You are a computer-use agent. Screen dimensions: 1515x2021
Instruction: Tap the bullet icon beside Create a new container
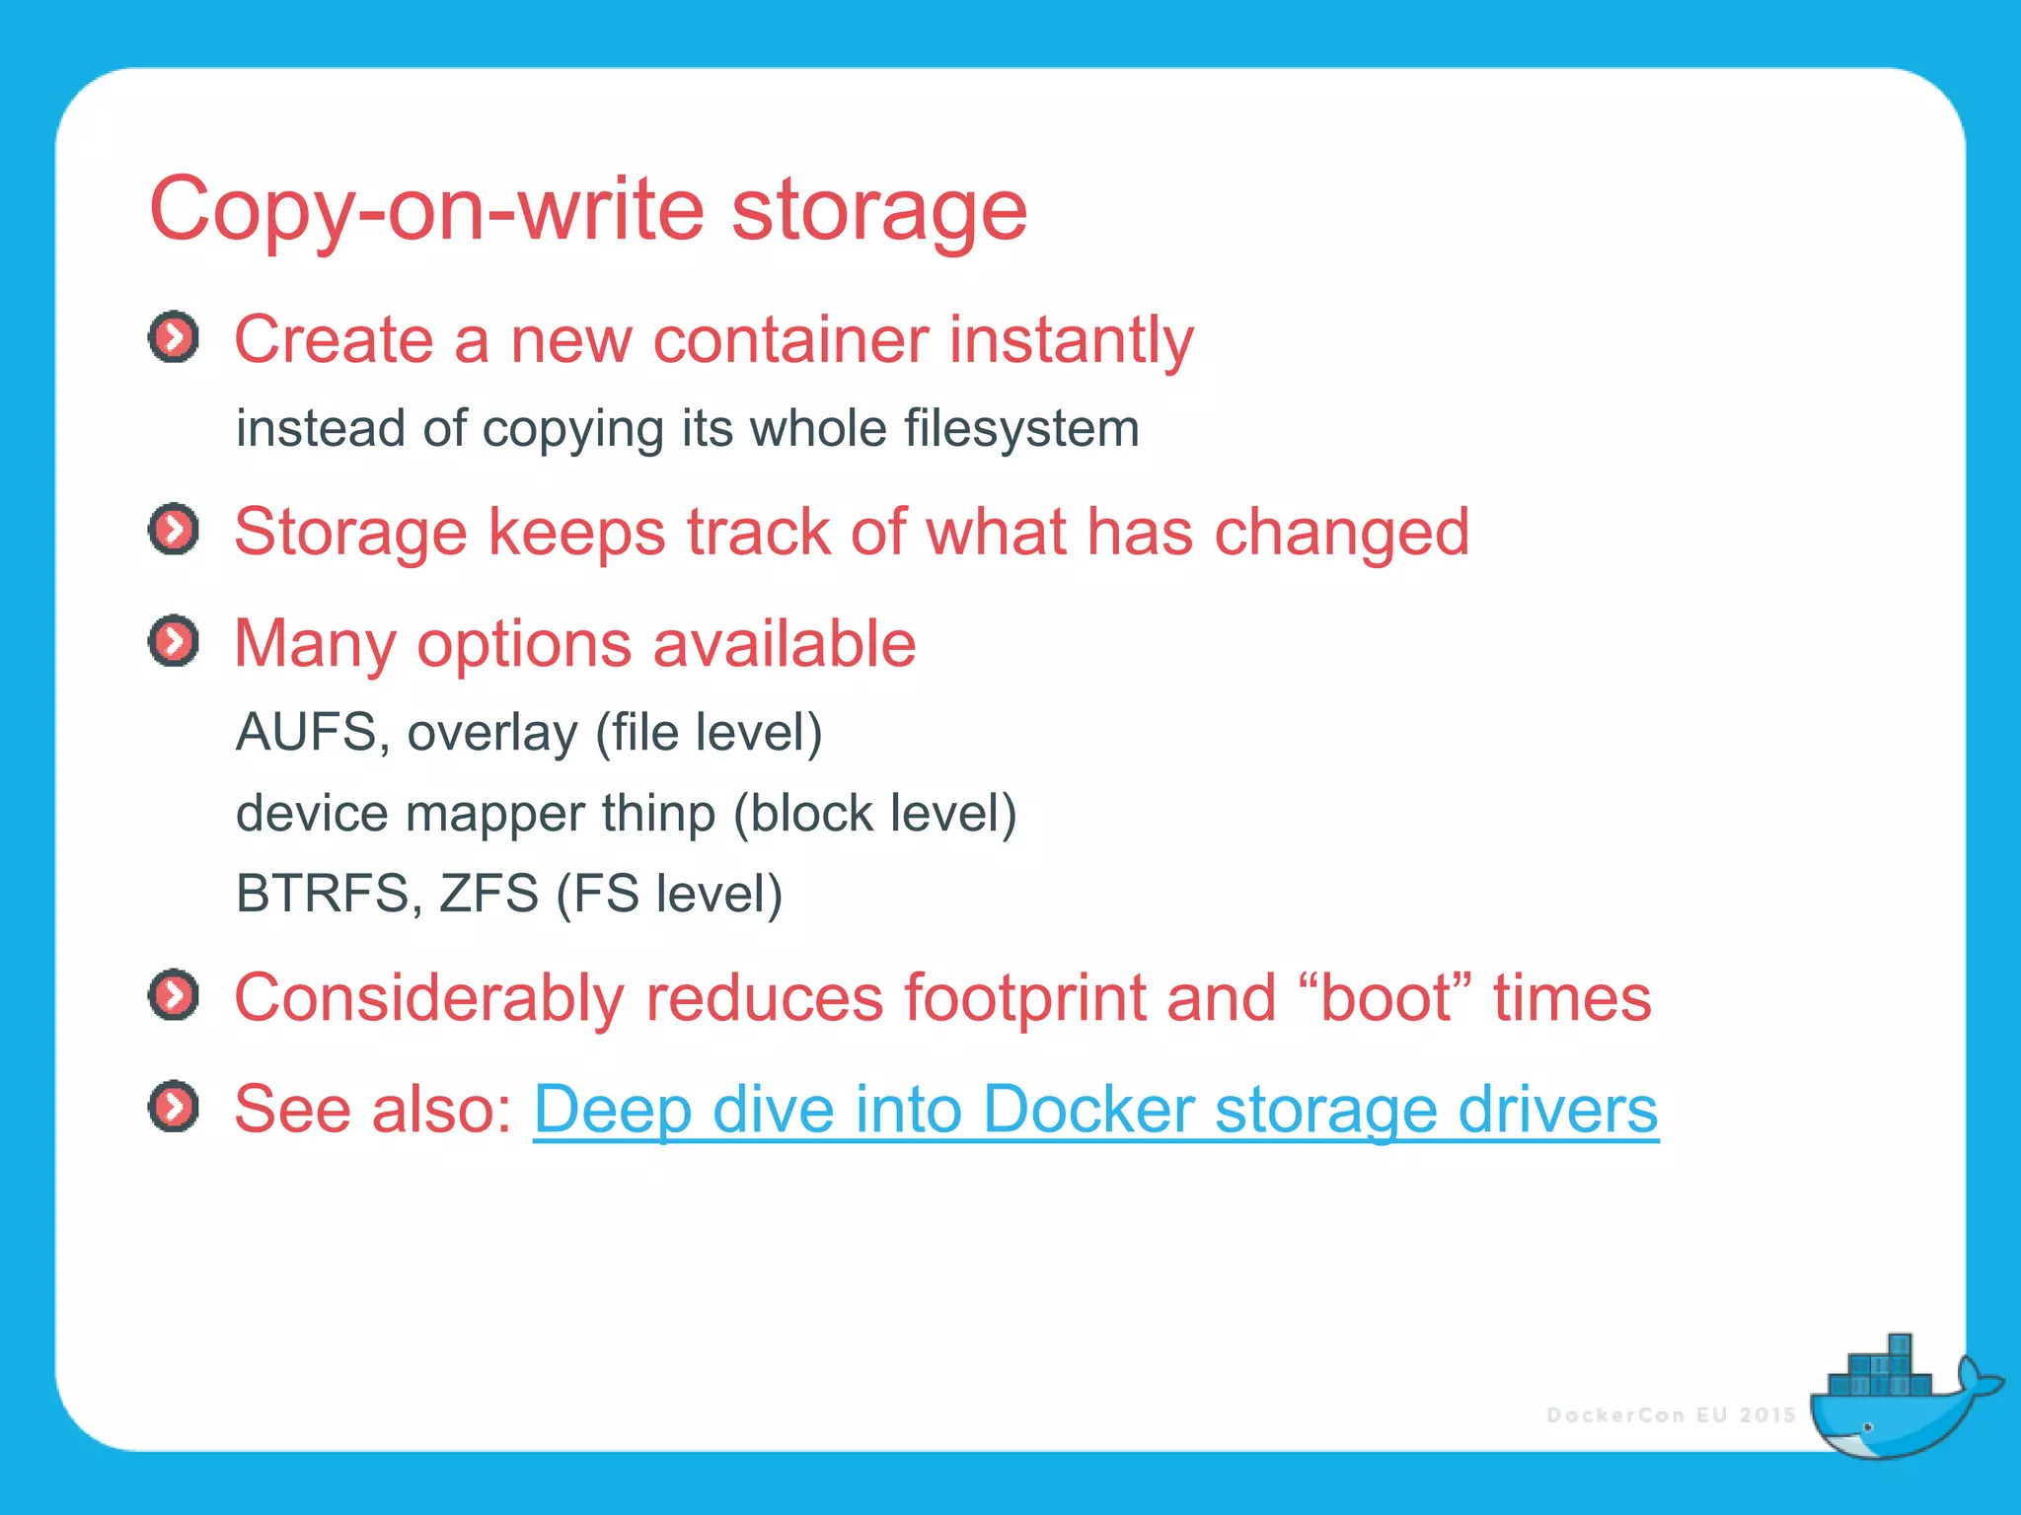[174, 338]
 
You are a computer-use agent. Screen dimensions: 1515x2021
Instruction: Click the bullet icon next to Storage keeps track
[174, 531]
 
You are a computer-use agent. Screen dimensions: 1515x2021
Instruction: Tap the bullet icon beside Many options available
[174, 642]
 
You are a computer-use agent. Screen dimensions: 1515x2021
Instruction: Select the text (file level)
[709, 733]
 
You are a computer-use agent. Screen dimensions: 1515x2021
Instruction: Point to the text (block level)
[874, 814]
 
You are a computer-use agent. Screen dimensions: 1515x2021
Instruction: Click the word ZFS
[488, 894]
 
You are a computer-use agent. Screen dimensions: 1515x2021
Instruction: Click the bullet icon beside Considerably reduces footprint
[174, 995]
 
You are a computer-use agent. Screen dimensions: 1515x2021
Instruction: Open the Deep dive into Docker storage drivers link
[1095, 1110]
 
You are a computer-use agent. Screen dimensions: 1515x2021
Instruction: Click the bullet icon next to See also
[174, 1107]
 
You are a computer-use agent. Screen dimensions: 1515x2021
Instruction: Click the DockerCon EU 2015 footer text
[1671, 1415]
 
